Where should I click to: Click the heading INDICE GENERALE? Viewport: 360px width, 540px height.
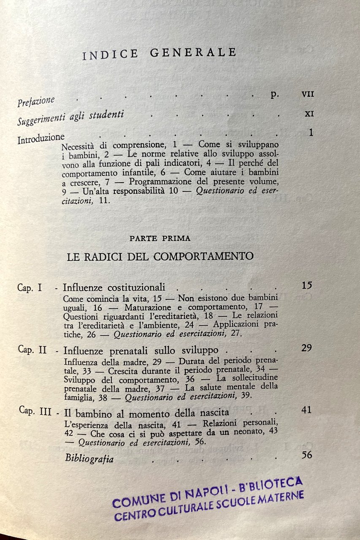click(x=159, y=54)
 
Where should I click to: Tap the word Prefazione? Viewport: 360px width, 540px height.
click(x=36, y=101)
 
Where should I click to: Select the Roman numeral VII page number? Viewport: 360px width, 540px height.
click(x=308, y=94)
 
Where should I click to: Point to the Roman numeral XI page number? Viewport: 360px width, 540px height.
click(x=309, y=113)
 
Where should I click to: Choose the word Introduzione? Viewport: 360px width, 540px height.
click(x=41, y=138)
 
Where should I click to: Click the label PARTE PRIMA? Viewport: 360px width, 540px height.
click(x=160, y=238)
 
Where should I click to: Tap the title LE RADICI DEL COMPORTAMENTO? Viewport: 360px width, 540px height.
click(x=160, y=256)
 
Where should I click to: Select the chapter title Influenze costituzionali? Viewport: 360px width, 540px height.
click(x=114, y=288)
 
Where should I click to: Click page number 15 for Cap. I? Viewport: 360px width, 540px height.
click(x=307, y=285)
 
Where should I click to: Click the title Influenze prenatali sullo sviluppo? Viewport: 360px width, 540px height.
click(x=141, y=350)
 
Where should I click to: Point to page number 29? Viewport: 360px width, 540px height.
click(x=307, y=348)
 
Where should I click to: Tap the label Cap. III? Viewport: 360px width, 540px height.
click(x=35, y=411)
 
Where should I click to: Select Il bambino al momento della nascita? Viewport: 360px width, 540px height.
click(x=146, y=412)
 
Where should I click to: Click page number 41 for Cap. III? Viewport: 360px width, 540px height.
click(x=307, y=410)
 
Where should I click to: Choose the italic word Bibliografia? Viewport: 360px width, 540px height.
click(x=89, y=459)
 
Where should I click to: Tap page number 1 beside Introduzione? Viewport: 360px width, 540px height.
click(x=311, y=132)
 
